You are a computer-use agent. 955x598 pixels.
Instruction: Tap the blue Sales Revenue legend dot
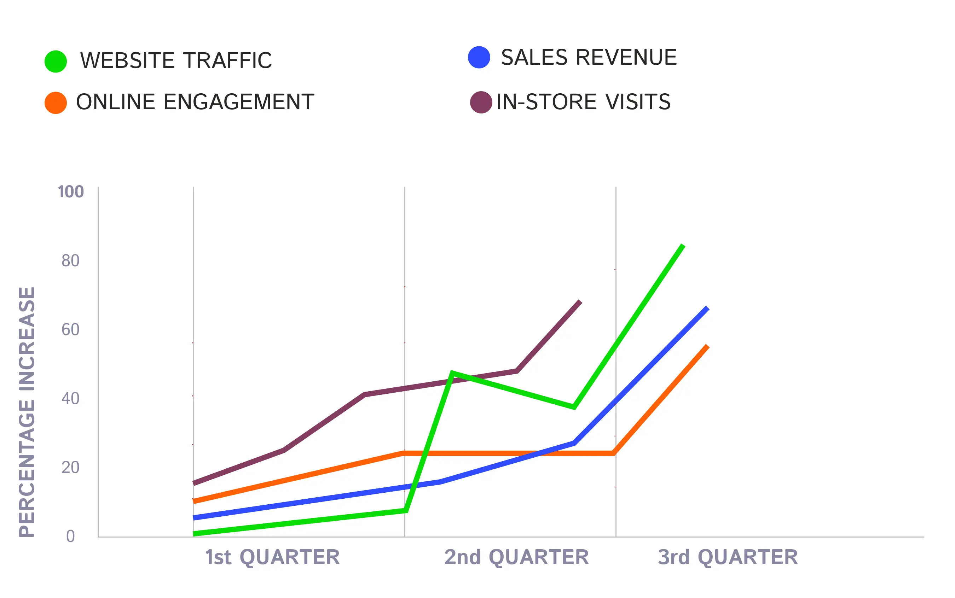[479, 57]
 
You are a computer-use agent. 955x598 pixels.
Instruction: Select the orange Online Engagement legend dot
[56, 103]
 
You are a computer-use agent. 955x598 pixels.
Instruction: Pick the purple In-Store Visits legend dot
[481, 102]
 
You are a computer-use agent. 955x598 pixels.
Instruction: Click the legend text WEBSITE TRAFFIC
[176, 60]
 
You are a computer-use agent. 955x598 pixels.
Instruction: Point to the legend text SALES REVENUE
[589, 57]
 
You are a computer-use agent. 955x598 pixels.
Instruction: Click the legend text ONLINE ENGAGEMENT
[195, 102]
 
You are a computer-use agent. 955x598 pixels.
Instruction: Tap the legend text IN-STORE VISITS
[583, 102]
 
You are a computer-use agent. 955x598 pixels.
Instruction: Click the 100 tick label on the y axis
[71, 192]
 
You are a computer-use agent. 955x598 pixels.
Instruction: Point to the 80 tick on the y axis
[70, 260]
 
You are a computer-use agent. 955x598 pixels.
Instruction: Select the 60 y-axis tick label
[70, 329]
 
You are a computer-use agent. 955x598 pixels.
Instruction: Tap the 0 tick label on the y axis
[70, 536]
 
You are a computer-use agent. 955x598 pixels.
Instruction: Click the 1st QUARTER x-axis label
[272, 557]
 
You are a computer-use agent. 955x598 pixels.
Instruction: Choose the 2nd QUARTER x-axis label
[516, 557]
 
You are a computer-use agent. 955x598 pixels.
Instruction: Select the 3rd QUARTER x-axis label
[728, 557]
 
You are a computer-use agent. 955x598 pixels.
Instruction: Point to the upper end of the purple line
[580, 302]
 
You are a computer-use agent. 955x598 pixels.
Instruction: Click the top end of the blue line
[707, 308]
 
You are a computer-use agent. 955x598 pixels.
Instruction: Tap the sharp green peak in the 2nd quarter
[452, 373]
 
